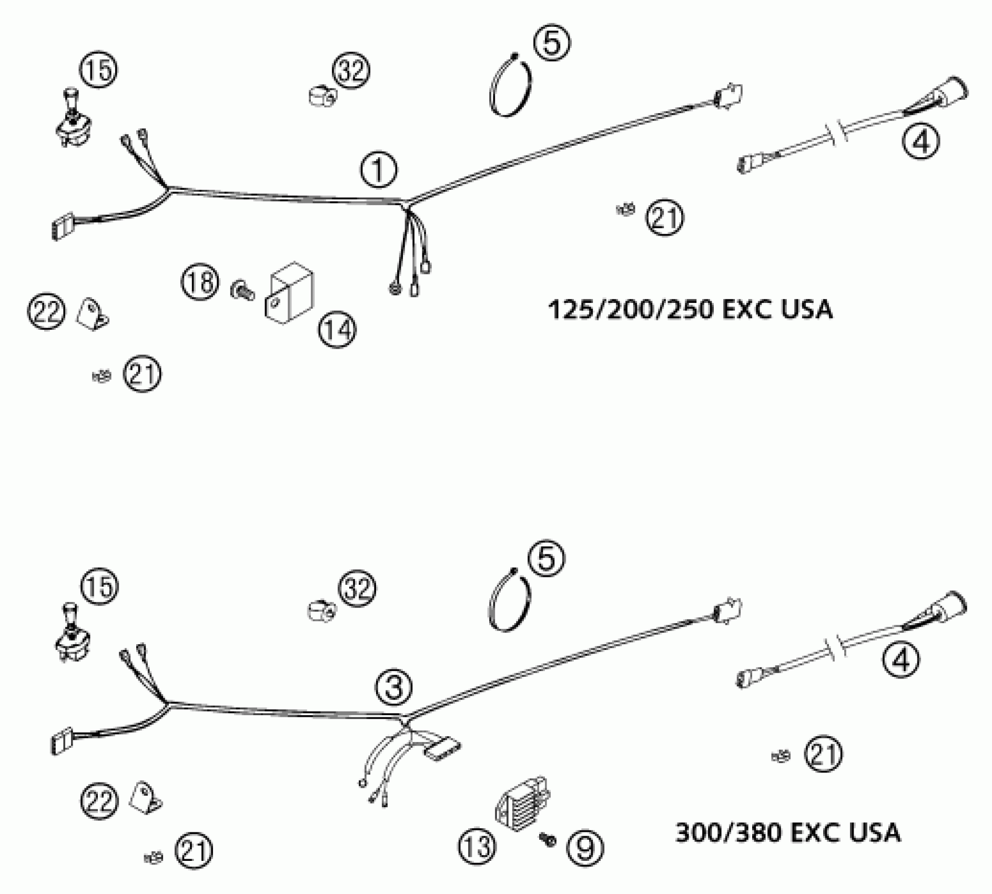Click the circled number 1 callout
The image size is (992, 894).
point(379,170)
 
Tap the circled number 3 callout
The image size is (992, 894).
point(394,687)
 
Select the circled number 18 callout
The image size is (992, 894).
point(200,282)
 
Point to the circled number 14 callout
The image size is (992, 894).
point(337,330)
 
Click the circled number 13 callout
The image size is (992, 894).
point(477,847)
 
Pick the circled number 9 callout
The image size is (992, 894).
point(585,847)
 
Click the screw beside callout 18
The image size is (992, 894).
point(241,290)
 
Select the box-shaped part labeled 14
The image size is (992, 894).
point(289,293)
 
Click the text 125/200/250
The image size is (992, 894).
point(631,310)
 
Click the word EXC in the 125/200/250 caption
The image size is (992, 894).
point(746,310)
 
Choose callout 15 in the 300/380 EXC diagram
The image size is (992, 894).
point(99,586)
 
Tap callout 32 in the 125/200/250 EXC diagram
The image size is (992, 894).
point(351,71)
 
